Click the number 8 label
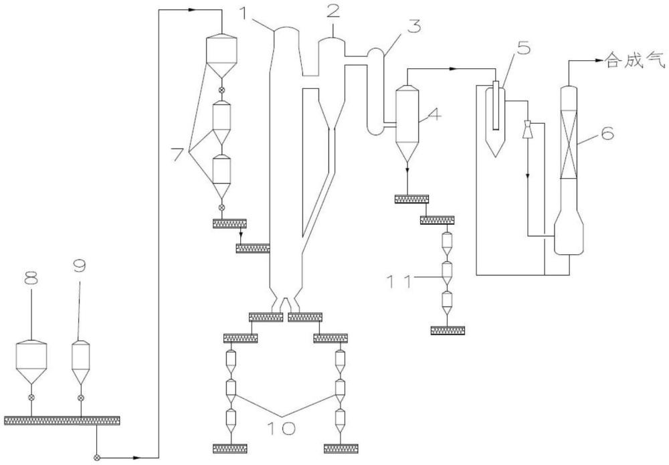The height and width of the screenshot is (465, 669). coord(31,278)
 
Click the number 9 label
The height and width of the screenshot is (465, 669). coord(80,266)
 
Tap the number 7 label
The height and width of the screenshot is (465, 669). coord(179,154)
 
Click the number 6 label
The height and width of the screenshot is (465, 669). coord(607,134)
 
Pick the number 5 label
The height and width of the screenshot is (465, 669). coord(523,48)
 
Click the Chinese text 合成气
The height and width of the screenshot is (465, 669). coord(636,62)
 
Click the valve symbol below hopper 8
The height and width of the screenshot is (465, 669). coord(31,397)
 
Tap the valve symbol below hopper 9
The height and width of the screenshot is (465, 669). coord(81,397)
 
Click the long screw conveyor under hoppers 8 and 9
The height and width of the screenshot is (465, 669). coord(62,421)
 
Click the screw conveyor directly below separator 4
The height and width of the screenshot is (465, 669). coord(411,199)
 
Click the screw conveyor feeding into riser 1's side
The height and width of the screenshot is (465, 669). coord(253,248)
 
